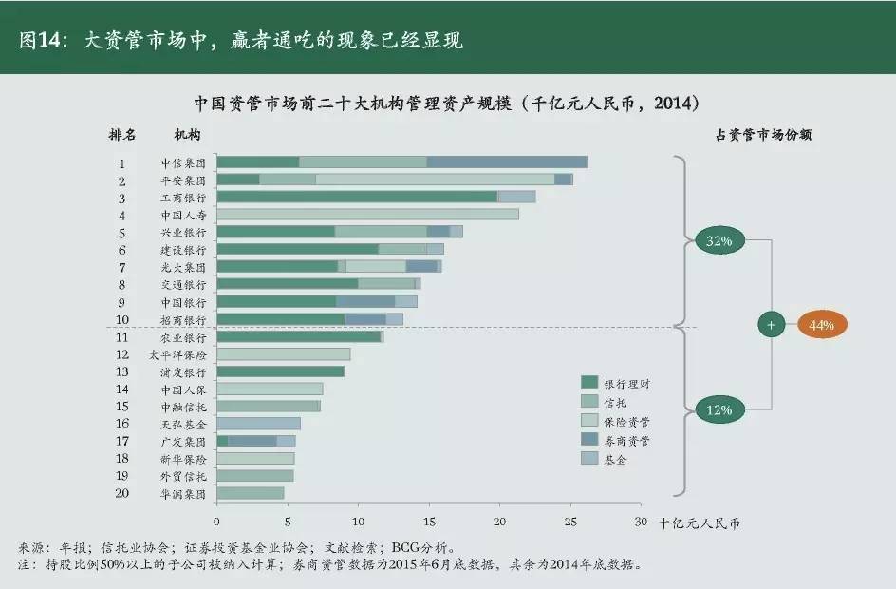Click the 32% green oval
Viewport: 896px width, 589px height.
pyautogui.click(x=719, y=241)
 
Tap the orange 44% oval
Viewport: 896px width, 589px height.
pyautogui.click(x=821, y=325)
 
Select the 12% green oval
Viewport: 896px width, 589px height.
pyautogui.click(x=719, y=410)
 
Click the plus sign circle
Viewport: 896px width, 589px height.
pyautogui.click(x=771, y=325)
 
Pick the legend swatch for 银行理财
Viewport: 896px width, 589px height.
pyautogui.click(x=588, y=383)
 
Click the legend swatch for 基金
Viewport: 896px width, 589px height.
pyautogui.click(x=588, y=459)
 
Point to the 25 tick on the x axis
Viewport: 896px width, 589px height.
pyautogui.click(x=570, y=522)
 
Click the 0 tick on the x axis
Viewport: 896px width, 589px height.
pyautogui.click(x=216, y=522)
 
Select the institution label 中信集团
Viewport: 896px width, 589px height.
pyautogui.click(x=183, y=162)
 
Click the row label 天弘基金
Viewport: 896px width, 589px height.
pyautogui.click(x=183, y=423)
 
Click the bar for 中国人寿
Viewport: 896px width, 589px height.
pyautogui.click(x=367, y=214)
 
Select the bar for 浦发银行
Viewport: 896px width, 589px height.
pyautogui.click(x=280, y=371)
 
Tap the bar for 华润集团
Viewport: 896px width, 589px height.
pyautogui.click(x=251, y=493)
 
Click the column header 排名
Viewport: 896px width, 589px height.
pyautogui.click(x=122, y=135)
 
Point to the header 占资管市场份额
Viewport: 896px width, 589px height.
pyautogui.click(x=763, y=135)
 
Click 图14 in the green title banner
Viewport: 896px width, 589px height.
pyautogui.click(x=40, y=41)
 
